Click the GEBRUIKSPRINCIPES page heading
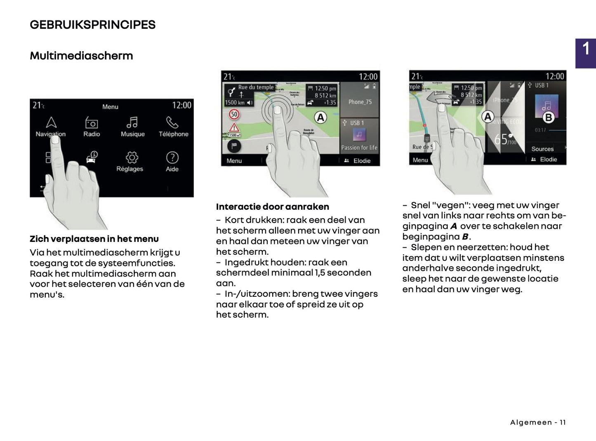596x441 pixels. click(92, 25)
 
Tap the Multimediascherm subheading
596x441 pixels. click(81, 56)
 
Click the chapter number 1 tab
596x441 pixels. click(586, 49)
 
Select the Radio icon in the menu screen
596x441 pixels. click(91, 123)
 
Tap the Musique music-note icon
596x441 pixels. click(132, 122)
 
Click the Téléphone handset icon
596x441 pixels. click(172, 122)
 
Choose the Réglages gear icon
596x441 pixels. click(132, 157)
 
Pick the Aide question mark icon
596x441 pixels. click(172, 157)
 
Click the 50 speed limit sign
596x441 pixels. click(234, 114)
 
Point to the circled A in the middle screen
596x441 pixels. click(320, 117)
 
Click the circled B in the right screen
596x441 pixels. click(548, 117)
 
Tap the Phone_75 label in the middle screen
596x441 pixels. click(360, 102)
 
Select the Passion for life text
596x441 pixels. click(359, 148)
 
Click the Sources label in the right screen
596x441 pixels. click(542, 149)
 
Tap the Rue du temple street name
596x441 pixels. click(256, 87)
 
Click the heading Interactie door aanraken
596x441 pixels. click(272, 207)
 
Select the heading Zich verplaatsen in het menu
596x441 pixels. click(94, 239)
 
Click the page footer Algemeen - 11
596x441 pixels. click(538, 422)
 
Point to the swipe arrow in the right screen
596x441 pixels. click(437, 98)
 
